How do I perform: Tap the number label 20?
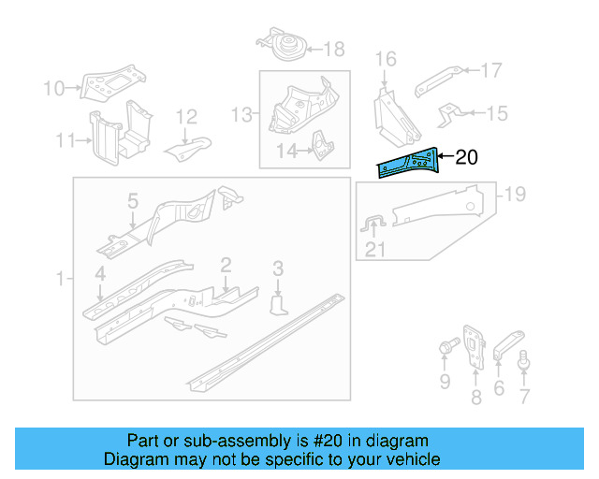466,157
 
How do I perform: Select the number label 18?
333,49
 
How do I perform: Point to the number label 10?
54,89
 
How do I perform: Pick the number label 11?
65,140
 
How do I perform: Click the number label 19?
515,195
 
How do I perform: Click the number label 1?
61,279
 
